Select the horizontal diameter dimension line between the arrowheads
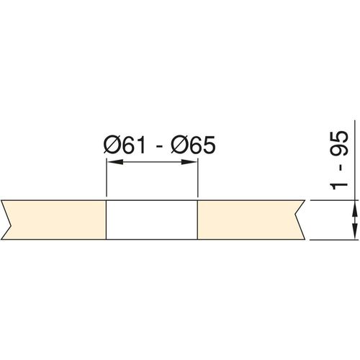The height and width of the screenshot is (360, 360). (x=152, y=163)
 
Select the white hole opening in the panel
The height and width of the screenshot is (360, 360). (x=152, y=219)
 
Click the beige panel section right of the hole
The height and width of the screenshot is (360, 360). (x=248, y=219)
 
